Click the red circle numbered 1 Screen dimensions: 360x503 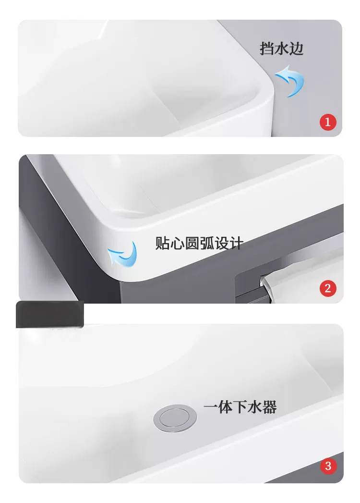328,122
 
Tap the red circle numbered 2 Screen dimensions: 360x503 328,288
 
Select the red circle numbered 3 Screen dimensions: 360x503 328,466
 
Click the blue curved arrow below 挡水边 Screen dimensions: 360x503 290,81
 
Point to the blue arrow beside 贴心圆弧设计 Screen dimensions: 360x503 123,255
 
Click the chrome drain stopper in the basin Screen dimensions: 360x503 175,418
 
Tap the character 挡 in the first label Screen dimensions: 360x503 267,49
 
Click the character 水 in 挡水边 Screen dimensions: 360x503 281,49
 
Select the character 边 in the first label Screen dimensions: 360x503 296,49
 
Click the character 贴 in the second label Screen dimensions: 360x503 163,243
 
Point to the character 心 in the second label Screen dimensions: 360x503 177,243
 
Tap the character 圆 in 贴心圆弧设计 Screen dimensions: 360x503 192,243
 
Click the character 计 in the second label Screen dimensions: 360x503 236,243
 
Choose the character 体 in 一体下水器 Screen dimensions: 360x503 226,407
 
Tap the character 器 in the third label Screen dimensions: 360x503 269,407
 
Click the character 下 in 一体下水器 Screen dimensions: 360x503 240,407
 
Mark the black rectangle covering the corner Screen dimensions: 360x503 50,314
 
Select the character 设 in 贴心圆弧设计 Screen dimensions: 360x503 221,243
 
